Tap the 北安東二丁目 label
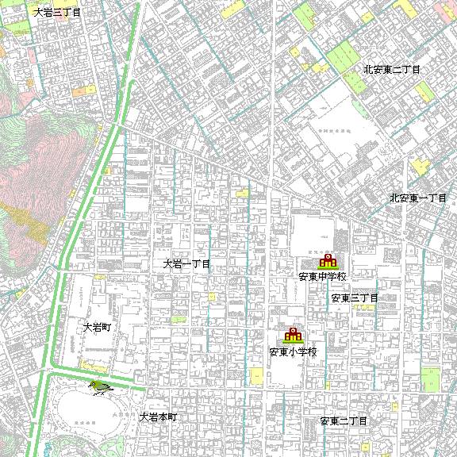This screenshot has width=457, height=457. [392, 70]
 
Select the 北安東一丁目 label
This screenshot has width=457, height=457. [418, 197]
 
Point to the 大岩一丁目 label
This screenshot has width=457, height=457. [187, 263]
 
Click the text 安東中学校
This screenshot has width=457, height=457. [323, 277]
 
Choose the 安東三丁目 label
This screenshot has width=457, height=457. [355, 298]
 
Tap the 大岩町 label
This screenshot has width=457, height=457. [101, 327]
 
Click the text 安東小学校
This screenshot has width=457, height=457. [293, 351]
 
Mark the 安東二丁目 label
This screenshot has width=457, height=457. [344, 421]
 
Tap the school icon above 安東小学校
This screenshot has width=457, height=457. [294, 335]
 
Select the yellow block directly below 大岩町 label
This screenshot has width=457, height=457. [96, 365]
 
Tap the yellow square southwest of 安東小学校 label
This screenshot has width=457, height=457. [256, 374]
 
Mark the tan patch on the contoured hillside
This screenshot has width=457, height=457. [32, 223]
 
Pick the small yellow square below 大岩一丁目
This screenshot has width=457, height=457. [212, 296]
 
